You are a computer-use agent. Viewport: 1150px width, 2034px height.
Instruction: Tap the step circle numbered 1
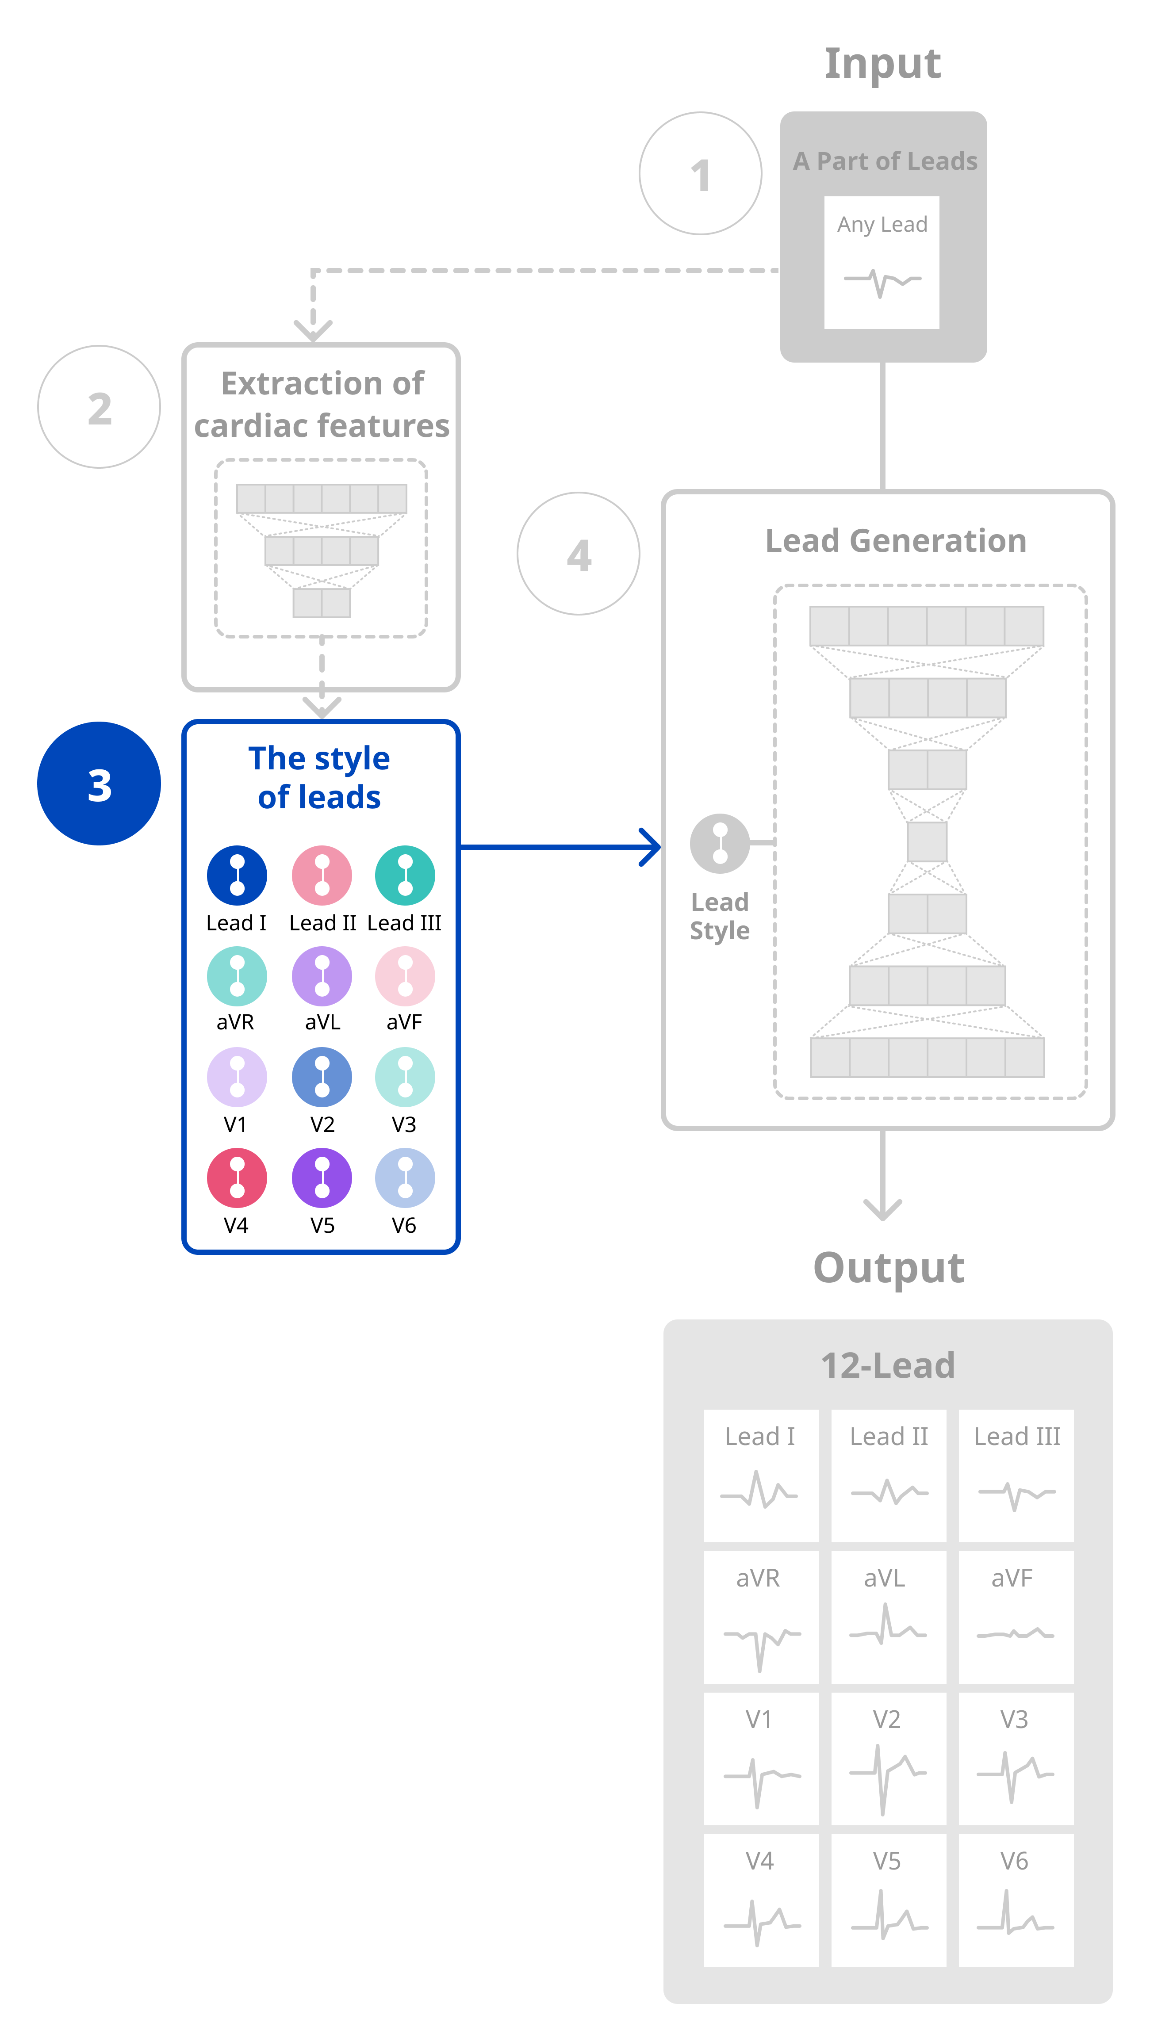coord(701,174)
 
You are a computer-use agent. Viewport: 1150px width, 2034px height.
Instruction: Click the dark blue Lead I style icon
coord(237,876)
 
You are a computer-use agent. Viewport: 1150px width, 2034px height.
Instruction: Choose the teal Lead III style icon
coord(405,876)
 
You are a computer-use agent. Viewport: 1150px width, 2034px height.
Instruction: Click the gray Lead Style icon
coord(720,843)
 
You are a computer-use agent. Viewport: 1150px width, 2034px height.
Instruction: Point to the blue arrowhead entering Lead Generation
coord(652,847)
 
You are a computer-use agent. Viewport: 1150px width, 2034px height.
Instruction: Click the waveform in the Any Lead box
coord(882,281)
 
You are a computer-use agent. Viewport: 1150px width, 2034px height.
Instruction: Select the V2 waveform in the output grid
coord(888,1777)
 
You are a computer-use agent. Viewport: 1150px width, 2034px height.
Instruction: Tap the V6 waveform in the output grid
coord(1015,1914)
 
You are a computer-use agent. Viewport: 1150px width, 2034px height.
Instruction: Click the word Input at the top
coord(882,63)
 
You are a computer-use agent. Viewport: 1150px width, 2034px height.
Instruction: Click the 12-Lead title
coord(888,1366)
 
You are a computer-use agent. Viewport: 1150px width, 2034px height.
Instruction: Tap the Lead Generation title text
coord(896,541)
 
